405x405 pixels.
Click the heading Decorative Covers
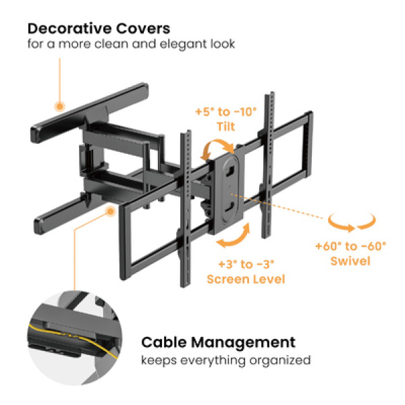coord(99,28)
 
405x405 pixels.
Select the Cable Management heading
coord(218,342)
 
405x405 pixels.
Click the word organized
coord(279,360)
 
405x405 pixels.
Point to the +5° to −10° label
coord(226,112)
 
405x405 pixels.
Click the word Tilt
coord(226,127)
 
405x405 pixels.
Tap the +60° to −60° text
coord(350,246)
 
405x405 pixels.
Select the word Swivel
coord(350,261)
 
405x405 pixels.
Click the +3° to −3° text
coord(246,264)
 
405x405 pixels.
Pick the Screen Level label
coord(246,279)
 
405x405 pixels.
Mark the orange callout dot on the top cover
coord(59,106)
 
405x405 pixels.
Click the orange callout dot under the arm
coord(110,211)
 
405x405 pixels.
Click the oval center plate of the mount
coord(230,189)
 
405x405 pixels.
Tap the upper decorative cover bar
coord(89,112)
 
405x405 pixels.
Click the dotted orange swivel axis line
coord(276,206)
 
